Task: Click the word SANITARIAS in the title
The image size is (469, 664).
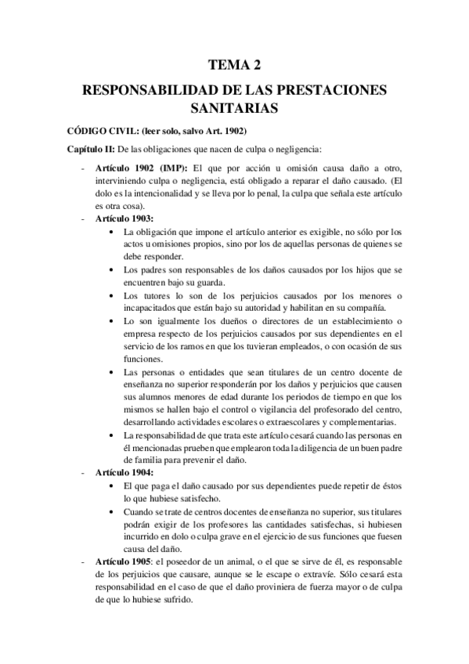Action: pyautogui.click(x=234, y=105)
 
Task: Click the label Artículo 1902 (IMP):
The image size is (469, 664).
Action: pyautogui.click(x=141, y=168)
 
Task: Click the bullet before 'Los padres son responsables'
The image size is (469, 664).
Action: pyautogui.click(x=116, y=270)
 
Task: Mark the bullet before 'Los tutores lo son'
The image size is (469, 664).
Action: pyautogui.click(x=116, y=294)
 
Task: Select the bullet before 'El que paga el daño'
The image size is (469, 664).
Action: pyautogui.click(x=116, y=486)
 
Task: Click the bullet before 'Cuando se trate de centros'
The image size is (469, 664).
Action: pyautogui.click(x=116, y=511)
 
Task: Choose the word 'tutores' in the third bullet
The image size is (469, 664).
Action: pyautogui.click(x=157, y=294)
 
